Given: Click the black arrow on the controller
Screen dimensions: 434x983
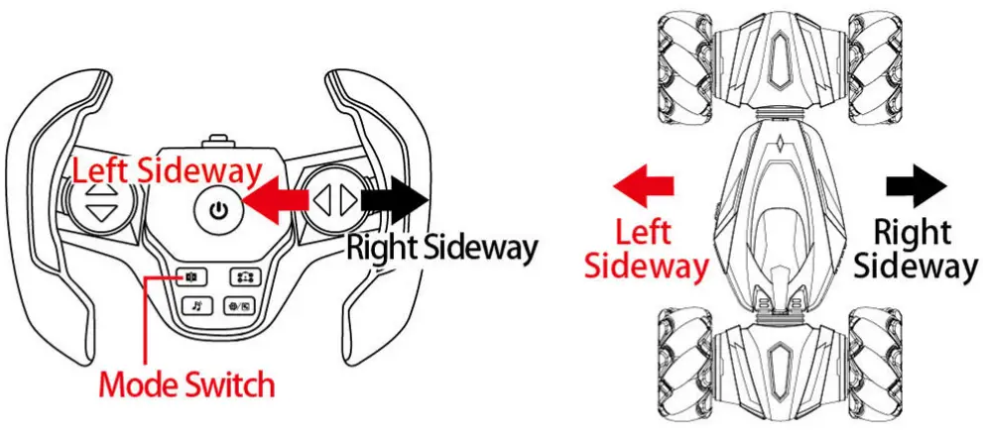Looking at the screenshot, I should [397, 201].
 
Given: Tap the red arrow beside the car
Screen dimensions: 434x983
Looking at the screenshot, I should [643, 186].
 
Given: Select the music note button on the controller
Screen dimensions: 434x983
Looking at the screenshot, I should [195, 306].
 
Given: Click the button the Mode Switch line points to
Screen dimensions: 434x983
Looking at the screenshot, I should [192, 278].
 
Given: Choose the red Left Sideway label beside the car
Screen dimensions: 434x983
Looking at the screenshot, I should [645, 250].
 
